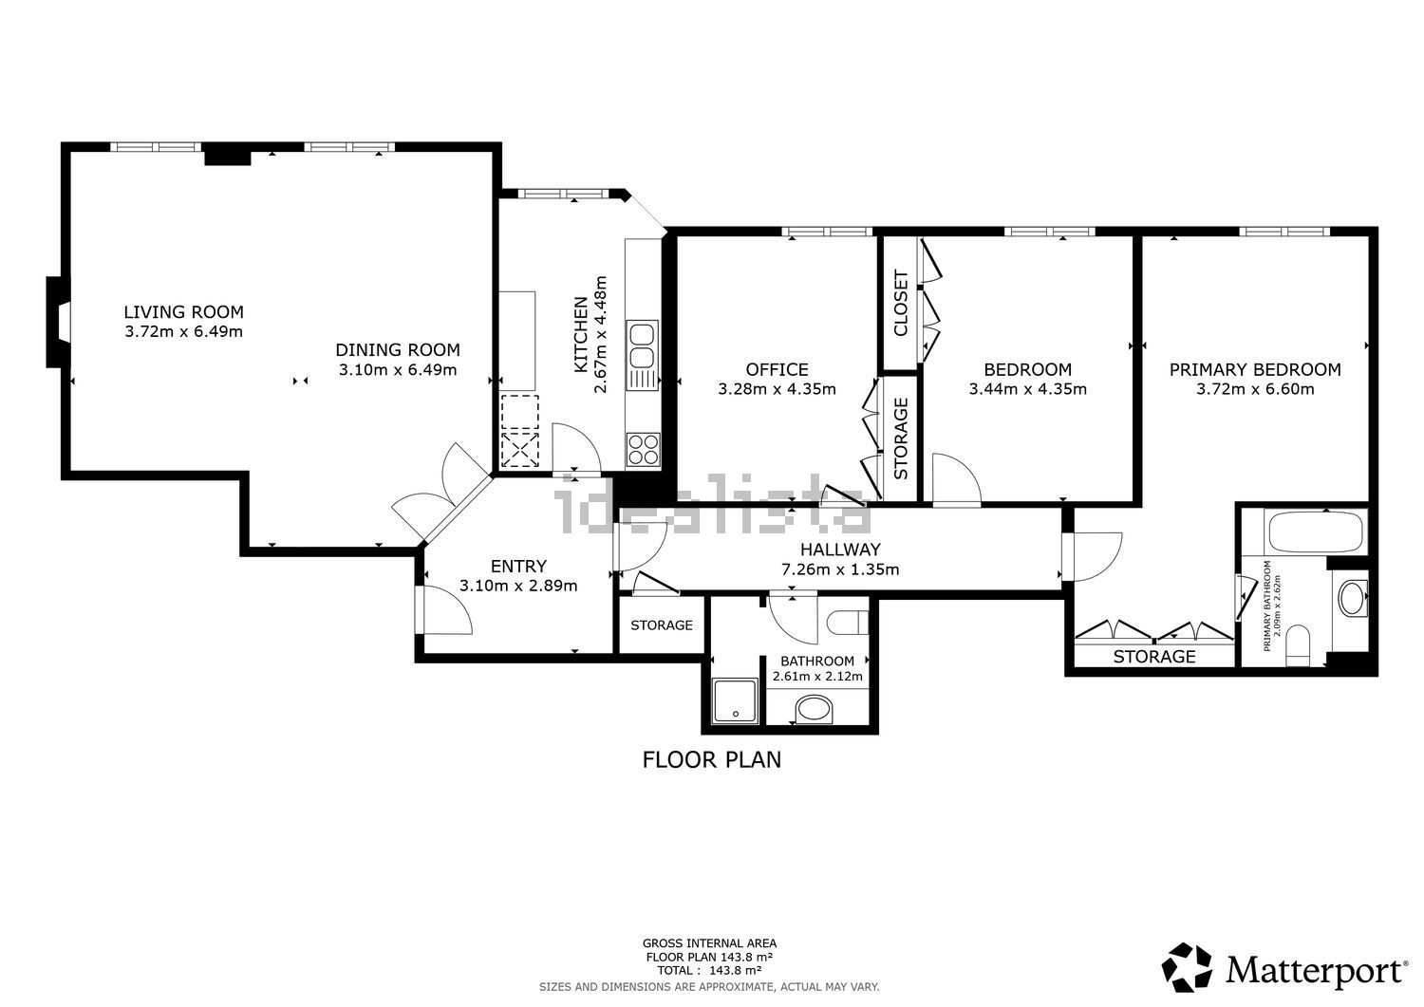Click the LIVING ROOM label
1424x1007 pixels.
(x=184, y=312)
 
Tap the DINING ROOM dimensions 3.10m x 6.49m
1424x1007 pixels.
(x=398, y=370)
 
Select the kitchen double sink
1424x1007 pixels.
(x=642, y=355)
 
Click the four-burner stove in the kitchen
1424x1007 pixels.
(x=644, y=450)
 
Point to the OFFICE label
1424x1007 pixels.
(x=777, y=369)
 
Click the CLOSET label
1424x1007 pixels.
(x=901, y=303)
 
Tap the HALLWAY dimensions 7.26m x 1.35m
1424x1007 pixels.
(x=840, y=569)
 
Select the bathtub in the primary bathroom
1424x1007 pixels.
(x=1315, y=531)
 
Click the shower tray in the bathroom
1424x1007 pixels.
(x=736, y=701)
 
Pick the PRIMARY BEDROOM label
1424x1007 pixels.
(x=1255, y=369)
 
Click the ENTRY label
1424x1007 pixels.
(x=518, y=566)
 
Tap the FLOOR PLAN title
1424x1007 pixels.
(x=711, y=759)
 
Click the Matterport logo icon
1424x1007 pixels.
(x=1187, y=967)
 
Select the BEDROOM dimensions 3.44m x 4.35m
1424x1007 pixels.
(x=1027, y=389)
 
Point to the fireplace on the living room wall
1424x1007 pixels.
(x=58, y=323)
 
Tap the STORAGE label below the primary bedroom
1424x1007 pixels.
(x=1153, y=657)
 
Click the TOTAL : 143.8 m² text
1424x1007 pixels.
(x=709, y=971)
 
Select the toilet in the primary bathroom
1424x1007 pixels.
(x=1298, y=645)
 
